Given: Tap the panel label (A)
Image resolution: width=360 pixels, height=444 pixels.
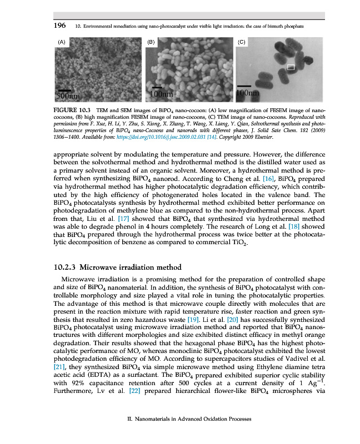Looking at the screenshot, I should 62,42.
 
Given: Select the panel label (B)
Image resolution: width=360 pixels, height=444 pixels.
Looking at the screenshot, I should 151,42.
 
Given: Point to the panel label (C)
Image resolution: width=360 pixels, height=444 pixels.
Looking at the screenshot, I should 241,42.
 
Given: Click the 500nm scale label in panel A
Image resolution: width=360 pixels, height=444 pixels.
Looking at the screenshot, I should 67,95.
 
